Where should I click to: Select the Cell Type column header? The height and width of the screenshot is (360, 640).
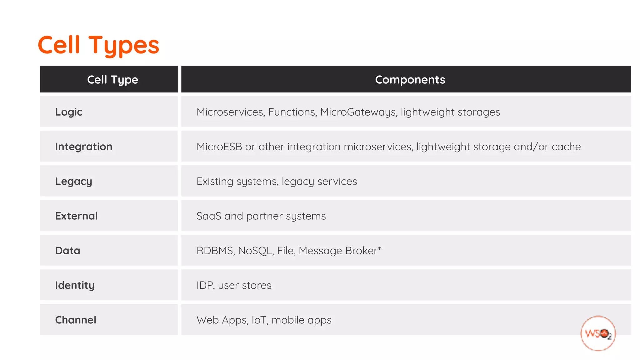pyautogui.click(x=112, y=80)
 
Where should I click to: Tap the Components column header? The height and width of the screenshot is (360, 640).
pyautogui.click(x=410, y=80)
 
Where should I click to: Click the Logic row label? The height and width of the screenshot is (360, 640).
pyautogui.click(x=69, y=112)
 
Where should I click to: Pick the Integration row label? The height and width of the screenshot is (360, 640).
pyautogui.click(x=83, y=147)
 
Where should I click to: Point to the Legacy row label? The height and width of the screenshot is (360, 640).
pyautogui.click(x=73, y=182)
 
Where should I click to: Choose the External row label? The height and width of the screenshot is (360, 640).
pyautogui.click(x=76, y=216)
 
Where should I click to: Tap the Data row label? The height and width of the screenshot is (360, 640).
pyautogui.click(x=67, y=251)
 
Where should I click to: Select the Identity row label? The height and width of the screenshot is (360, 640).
pyautogui.click(x=75, y=285)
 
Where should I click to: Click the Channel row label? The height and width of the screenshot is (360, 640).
pyautogui.click(x=76, y=320)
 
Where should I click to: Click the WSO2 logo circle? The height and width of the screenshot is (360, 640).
pyautogui.click(x=598, y=333)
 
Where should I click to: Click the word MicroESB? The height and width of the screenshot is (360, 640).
pyautogui.click(x=219, y=147)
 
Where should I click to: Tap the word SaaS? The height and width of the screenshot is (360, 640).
pyautogui.click(x=209, y=216)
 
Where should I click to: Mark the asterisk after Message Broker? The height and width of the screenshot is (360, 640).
pyautogui.click(x=379, y=249)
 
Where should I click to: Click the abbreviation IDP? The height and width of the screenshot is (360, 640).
pyautogui.click(x=205, y=285)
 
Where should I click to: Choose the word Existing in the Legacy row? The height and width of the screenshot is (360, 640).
pyautogui.click(x=215, y=182)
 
